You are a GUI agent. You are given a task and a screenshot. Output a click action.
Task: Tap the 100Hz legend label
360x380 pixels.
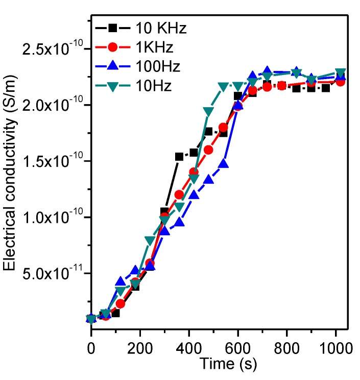(158, 66)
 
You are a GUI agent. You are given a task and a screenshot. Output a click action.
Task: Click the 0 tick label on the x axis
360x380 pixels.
(91, 348)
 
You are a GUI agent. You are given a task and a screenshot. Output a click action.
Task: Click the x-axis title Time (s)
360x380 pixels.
(225, 364)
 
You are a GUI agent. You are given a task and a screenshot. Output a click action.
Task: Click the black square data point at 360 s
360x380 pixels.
(179, 157)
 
